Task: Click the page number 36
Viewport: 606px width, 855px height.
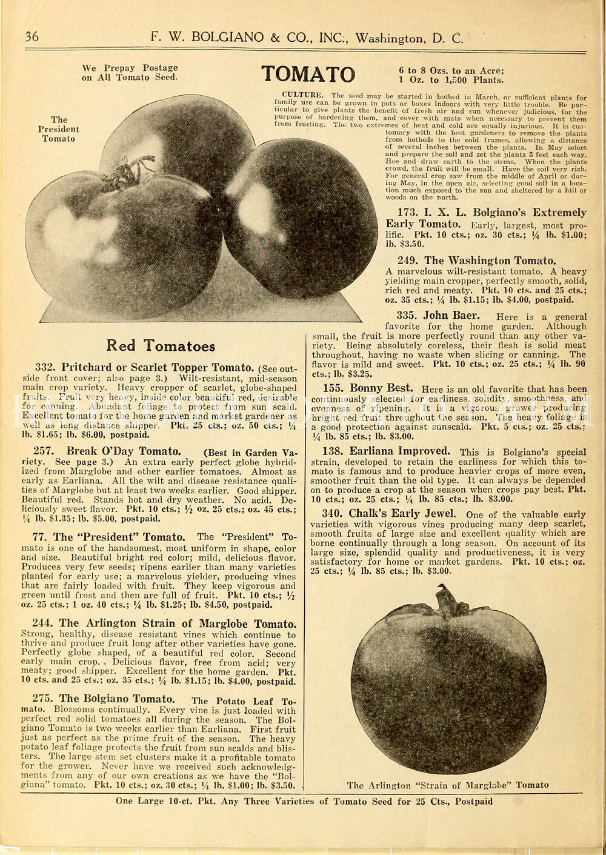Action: (32, 37)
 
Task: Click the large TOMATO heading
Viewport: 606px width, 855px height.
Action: (308, 74)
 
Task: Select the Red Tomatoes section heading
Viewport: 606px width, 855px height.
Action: (161, 346)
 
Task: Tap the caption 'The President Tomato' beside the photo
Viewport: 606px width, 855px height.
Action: (59, 129)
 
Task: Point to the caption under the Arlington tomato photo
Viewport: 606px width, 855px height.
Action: (448, 785)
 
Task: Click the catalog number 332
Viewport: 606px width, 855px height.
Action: (45, 368)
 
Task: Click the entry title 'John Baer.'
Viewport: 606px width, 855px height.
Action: (451, 316)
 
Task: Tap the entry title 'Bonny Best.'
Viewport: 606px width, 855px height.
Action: (381, 388)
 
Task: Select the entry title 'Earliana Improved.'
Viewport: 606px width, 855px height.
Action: (399, 451)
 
